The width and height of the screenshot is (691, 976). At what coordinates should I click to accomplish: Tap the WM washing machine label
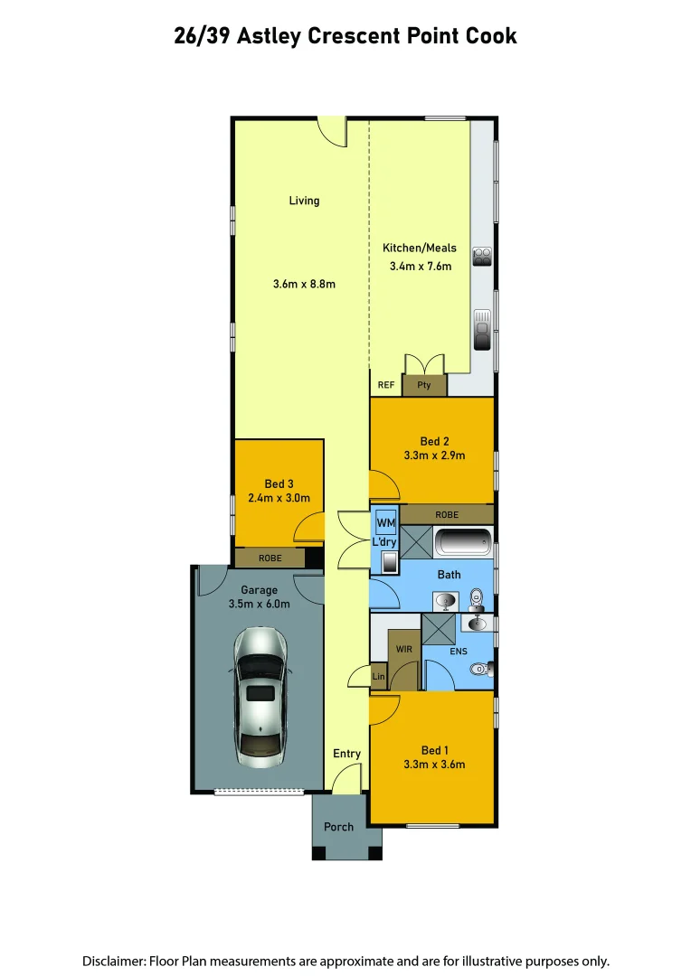point(385,523)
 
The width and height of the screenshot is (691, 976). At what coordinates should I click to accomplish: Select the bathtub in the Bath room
point(463,544)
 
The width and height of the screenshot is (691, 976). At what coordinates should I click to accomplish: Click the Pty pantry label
point(424,385)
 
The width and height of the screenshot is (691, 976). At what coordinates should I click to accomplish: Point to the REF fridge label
point(386,385)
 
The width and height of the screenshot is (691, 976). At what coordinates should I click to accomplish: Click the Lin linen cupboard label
point(378,677)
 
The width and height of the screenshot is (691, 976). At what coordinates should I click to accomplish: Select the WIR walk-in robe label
point(403,648)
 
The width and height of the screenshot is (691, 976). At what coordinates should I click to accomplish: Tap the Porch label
point(339,827)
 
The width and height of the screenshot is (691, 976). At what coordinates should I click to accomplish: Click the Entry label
point(346,753)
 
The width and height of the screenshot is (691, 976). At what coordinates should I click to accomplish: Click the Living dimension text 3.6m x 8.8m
point(304,284)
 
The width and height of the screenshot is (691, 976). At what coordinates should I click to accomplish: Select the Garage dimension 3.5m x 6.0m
point(259,604)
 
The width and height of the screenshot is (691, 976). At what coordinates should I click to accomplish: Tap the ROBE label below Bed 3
point(270,558)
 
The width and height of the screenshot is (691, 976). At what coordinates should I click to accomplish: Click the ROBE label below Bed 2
point(447,514)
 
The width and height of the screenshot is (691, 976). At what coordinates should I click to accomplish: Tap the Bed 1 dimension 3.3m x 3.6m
point(434,765)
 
